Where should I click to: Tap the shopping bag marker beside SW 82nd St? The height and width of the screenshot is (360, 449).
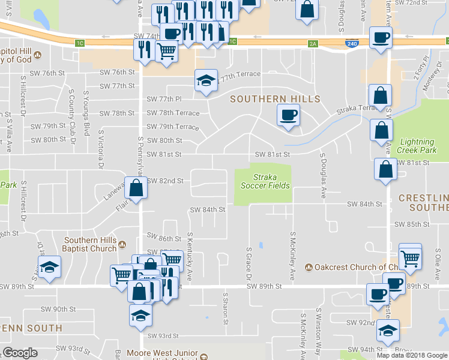click(x=136, y=188)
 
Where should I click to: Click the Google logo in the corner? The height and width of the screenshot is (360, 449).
click(x=20, y=353)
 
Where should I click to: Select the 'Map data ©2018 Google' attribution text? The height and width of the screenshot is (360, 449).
click(x=412, y=355)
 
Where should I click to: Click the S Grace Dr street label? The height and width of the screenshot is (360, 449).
click(x=248, y=262)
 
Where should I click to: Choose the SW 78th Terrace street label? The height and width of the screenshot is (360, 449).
click(x=173, y=113)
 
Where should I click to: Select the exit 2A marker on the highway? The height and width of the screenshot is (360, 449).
click(x=312, y=43)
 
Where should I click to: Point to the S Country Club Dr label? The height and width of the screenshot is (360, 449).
click(x=71, y=112)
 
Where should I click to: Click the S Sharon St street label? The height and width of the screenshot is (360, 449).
click(x=226, y=308)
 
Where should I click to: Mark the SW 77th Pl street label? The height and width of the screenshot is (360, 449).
click(x=164, y=99)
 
